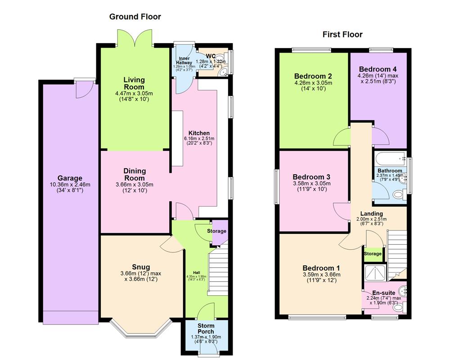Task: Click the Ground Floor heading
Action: tap(135, 17)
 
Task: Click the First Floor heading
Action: tap(342, 35)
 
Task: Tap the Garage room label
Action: tap(69, 178)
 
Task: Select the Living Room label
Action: tap(134, 83)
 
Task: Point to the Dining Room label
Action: tap(135, 174)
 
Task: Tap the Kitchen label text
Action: tap(199, 133)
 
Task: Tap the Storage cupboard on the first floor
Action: tap(373, 253)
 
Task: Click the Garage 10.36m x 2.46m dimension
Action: tap(69, 184)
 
